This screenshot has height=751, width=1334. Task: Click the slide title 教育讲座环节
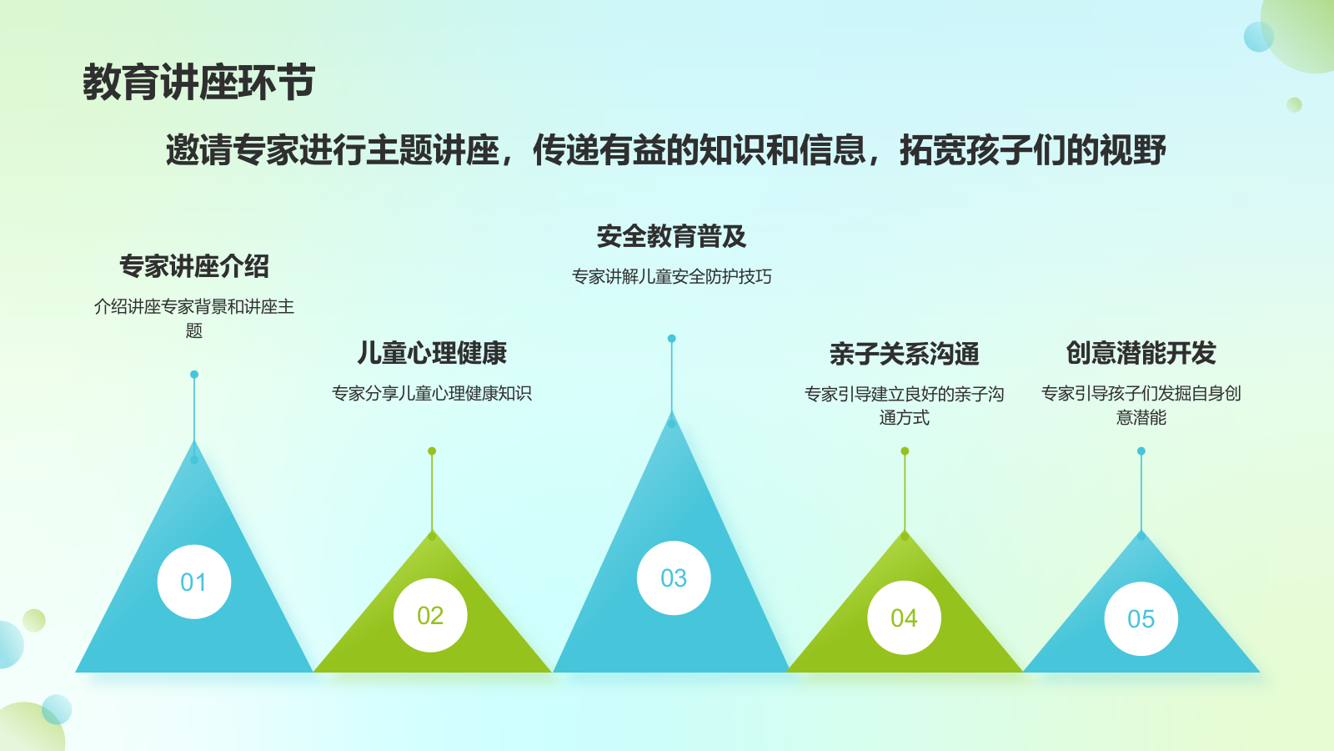(x=199, y=83)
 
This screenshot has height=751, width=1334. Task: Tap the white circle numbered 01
(x=194, y=582)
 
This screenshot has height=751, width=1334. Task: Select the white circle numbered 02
(x=430, y=615)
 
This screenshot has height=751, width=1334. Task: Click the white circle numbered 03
(x=674, y=577)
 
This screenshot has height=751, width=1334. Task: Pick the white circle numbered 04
(x=904, y=618)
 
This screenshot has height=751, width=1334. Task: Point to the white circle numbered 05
(x=1141, y=618)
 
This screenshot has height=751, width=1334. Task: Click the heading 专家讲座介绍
(x=194, y=266)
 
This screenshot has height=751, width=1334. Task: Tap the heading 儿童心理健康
(x=432, y=353)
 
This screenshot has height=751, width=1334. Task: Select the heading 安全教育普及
(x=672, y=236)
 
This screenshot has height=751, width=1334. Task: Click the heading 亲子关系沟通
(x=905, y=354)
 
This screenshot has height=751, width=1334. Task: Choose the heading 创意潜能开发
(x=1141, y=353)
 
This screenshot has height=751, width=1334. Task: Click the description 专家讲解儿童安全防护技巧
(x=672, y=276)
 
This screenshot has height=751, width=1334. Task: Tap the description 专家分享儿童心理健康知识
(x=432, y=393)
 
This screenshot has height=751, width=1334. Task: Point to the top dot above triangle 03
(x=672, y=339)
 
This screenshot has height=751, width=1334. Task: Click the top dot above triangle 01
(x=194, y=375)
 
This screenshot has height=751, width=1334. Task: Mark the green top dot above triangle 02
(x=433, y=451)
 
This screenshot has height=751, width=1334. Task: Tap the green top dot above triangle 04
(x=905, y=451)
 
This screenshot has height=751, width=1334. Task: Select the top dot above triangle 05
(x=1141, y=451)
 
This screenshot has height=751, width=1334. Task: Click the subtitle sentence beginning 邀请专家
(x=666, y=149)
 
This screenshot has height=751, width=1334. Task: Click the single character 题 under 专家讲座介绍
(x=194, y=330)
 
